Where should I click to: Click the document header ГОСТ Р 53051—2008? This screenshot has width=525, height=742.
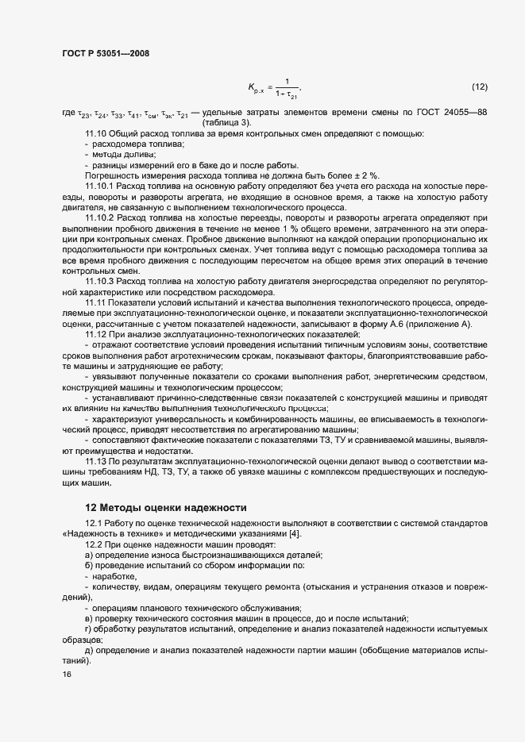tap(105, 54)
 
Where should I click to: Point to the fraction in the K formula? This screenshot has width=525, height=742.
tap(286, 87)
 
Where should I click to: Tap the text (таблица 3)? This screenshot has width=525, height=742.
tap(228, 123)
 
